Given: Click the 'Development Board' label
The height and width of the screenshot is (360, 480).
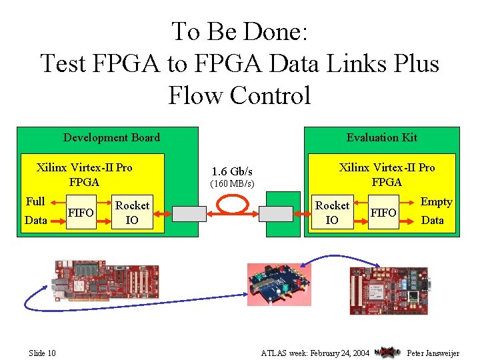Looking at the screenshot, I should pos(111,138).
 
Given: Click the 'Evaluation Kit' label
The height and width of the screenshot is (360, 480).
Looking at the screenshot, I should pos(381,137).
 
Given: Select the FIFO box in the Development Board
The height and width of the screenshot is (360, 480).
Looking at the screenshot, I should pos(81,213).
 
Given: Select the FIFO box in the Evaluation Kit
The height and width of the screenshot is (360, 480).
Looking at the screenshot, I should pos(383,213).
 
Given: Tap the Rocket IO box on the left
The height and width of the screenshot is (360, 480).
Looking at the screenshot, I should pos(132,213).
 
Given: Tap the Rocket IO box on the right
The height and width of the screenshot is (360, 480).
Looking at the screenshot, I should pos(332,213).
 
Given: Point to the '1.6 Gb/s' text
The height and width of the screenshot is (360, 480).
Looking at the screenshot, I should pos(231,171).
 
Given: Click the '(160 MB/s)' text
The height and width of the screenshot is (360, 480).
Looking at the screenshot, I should pos(232,183).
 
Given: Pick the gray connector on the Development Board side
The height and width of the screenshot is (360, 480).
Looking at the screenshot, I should pos(190,213).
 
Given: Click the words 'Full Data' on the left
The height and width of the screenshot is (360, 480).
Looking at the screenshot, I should pos(36,211).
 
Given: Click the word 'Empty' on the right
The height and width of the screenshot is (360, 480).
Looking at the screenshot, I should pos(436,202).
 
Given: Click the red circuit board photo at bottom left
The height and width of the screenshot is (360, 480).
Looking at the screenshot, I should pos(107,281).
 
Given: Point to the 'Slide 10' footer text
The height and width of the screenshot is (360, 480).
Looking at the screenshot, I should pos(42,353).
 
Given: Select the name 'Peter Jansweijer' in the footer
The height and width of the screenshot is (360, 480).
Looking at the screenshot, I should pos(433,353).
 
